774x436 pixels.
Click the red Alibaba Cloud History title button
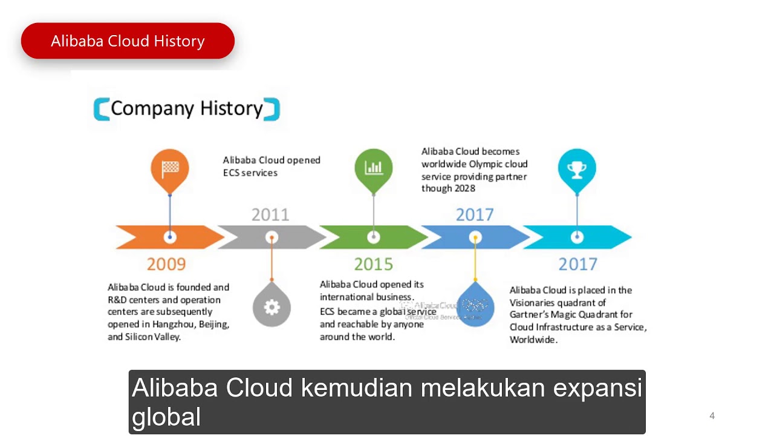click(128, 41)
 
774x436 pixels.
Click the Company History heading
click(186, 109)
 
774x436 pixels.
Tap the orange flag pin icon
click(170, 168)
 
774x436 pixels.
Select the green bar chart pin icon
click(374, 168)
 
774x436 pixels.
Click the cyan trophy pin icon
click(577, 168)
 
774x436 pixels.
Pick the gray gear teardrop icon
click(272, 306)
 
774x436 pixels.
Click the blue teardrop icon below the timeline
click(475, 306)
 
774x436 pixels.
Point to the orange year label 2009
click(166, 264)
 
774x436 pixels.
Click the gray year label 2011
click(270, 215)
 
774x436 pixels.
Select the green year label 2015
click(373, 264)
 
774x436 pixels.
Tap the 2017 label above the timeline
click(475, 215)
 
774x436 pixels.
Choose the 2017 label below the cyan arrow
click(577, 264)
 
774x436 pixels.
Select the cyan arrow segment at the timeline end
click(605, 237)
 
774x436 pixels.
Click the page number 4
click(712, 416)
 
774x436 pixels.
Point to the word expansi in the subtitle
click(597, 388)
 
